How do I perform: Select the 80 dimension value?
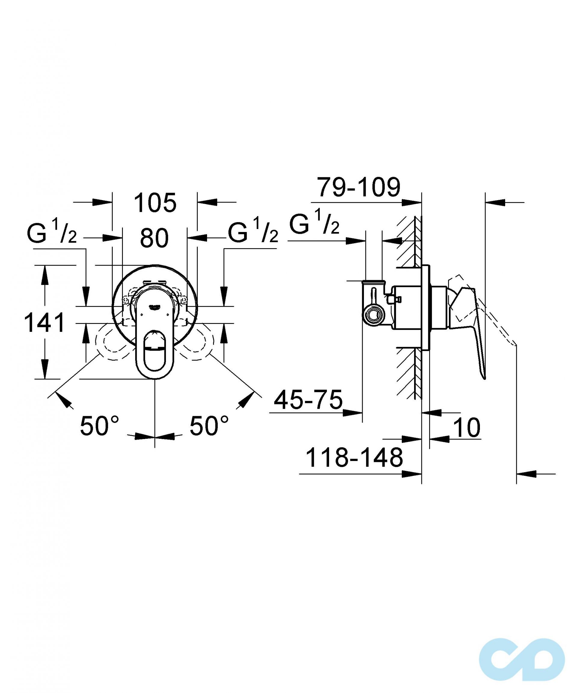click(x=154, y=238)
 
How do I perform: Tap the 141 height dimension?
click(x=44, y=323)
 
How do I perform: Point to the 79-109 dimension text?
click(x=359, y=187)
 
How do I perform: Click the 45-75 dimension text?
click(x=308, y=400)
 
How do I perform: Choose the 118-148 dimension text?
click(x=355, y=458)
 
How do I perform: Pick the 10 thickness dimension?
click(x=467, y=428)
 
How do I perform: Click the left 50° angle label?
click(x=99, y=425)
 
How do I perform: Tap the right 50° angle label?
click(x=209, y=425)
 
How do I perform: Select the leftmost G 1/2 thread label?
click(x=52, y=232)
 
